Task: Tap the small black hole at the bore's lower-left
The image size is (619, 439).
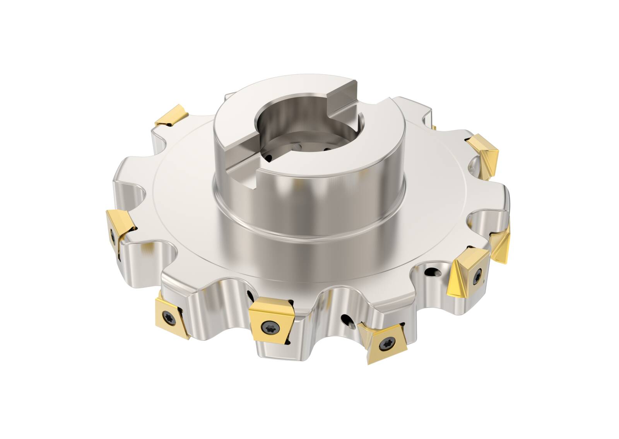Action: point(270,157)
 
